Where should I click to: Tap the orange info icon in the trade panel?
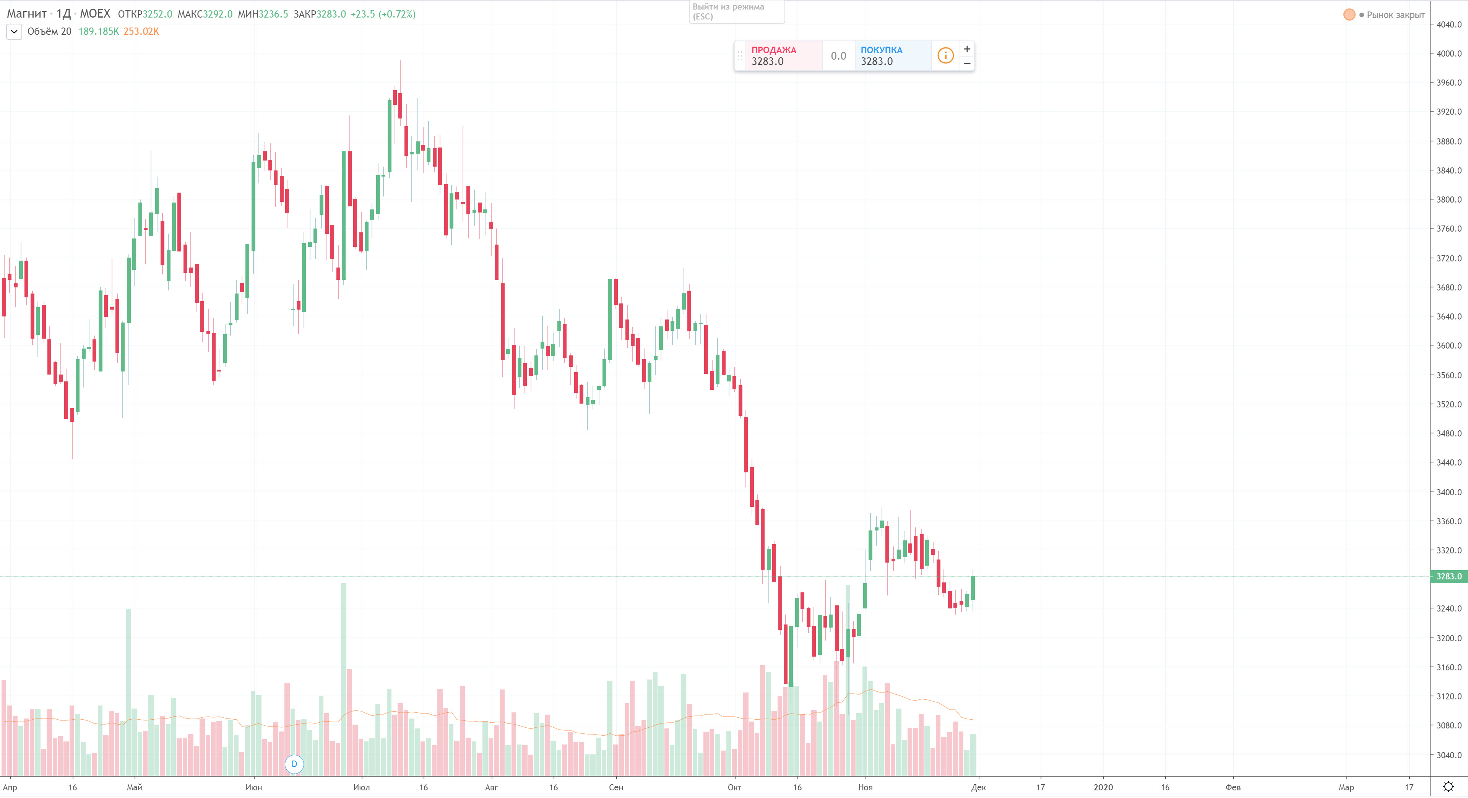coord(945,56)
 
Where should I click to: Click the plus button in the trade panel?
coord(967,49)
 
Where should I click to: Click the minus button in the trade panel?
coord(967,63)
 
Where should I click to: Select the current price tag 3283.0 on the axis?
coord(1448,576)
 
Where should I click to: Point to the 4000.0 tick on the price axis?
coord(1449,54)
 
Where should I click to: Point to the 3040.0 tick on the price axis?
coord(1449,755)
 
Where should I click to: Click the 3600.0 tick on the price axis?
coord(1449,345)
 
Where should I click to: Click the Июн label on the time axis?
coord(253,787)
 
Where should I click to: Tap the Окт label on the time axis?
coord(734,787)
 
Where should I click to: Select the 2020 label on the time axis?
coord(1103,787)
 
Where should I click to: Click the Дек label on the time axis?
coord(978,787)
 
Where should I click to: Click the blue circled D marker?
coord(294,764)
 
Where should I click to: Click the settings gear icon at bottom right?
coord(1448,787)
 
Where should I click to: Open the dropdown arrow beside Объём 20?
coord(14,31)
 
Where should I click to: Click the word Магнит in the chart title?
coord(26,14)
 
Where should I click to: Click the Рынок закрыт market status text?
coord(1395,15)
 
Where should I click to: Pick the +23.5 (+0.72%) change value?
coord(383,14)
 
